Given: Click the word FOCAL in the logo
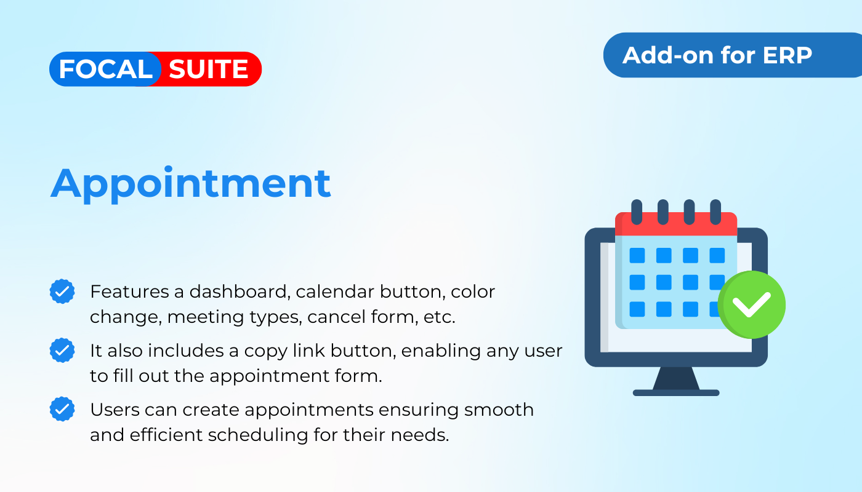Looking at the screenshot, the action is tap(105, 69).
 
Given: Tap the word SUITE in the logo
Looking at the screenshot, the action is tap(208, 69).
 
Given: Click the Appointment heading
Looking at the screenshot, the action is tap(190, 184).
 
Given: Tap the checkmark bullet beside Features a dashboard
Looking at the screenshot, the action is tap(62, 292).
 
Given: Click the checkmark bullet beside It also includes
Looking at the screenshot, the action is tap(62, 350).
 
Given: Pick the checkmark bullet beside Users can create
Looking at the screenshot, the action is tap(62, 409).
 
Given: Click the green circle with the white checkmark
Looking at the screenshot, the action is tap(752, 305).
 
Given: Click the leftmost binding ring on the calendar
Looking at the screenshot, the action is tap(637, 212).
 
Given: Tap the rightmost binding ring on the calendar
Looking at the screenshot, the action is tap(715, 212).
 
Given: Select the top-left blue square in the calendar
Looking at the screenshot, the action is tap(637, 256).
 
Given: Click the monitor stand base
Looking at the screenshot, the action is tap(676, 392).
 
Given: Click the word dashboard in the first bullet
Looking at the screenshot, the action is tap(238, 292).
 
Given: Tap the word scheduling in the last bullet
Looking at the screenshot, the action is tap(258, 435).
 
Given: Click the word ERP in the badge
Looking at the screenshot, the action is tap(787, 55).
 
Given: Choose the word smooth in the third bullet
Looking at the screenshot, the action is tap(499, 410).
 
